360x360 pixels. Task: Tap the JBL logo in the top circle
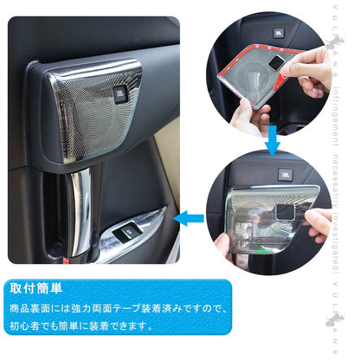pyautogui.click(x=278, y=34)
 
